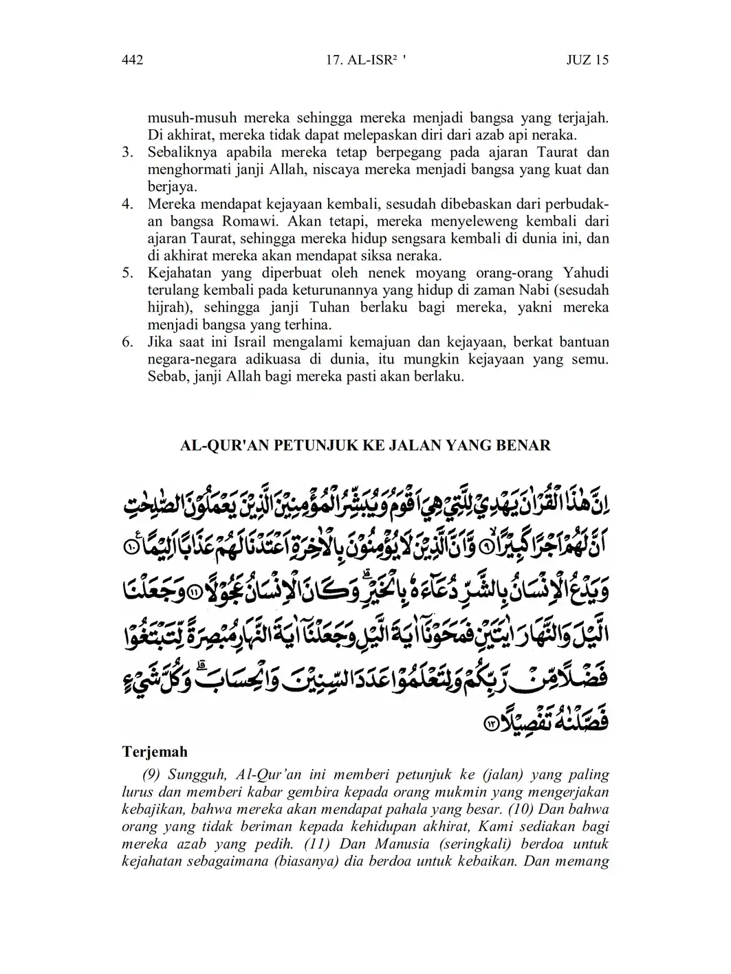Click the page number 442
(131, 60)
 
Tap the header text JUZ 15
(587, 60)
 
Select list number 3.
(127, 152)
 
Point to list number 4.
(127, 204)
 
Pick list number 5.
(127, 273)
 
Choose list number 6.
(127, 342)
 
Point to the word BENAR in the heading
(526, 445)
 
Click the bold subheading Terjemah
(154, 751)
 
